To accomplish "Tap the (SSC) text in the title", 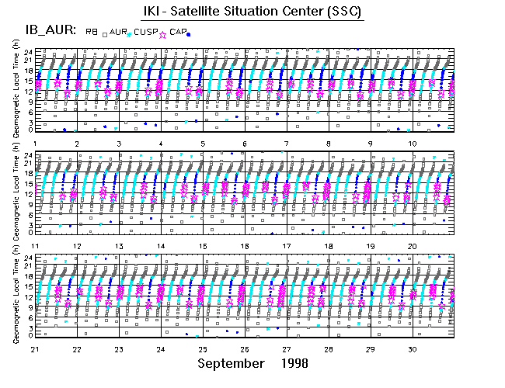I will click(340, 12).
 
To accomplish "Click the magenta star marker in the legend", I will click(162, 34).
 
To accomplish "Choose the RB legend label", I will click(91, 33).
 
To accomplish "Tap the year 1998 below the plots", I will click(293, 363).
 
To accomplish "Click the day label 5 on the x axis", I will click(203, 144).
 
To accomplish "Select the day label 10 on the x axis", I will click(412, 144).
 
